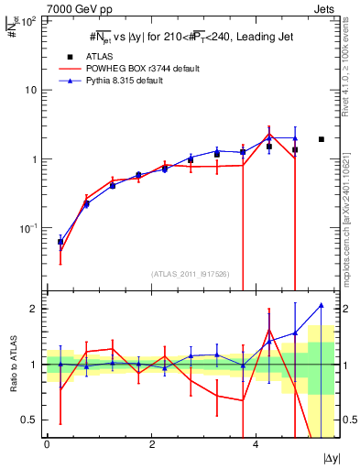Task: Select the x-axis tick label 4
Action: (x=255, y=444)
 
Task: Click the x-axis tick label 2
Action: (x=151, y=444)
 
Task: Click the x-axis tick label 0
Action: (x=47, y=444)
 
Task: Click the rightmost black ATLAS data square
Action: (x=321, y=139)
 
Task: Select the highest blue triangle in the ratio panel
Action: (x=321, y=305)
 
